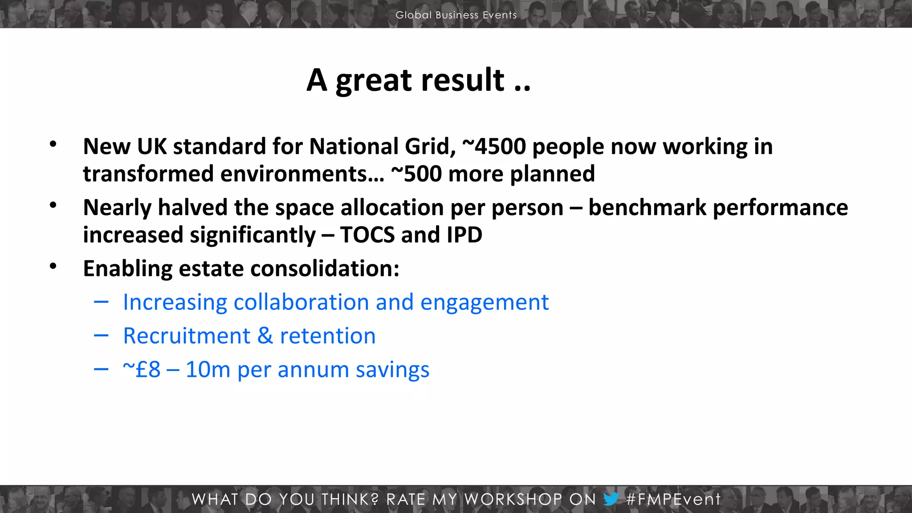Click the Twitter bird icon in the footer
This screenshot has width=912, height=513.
pos(611,499)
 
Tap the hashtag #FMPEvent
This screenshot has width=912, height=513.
pos(673,499)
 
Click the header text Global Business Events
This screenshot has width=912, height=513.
pos(456,15)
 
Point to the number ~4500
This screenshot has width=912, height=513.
pos(494,147)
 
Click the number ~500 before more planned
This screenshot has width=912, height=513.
pos(416,174)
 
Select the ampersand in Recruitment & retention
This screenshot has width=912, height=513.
pos(265,336)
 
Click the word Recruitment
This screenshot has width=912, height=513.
pos(187,336)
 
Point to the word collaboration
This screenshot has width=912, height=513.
pos(301,302)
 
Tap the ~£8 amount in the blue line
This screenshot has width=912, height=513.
pos(142,370)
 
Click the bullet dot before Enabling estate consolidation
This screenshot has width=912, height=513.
pos(53,266)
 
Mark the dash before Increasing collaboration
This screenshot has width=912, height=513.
pos(101,302)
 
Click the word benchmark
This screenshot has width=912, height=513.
pos(647,208)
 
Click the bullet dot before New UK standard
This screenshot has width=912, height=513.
pos(53,144)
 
